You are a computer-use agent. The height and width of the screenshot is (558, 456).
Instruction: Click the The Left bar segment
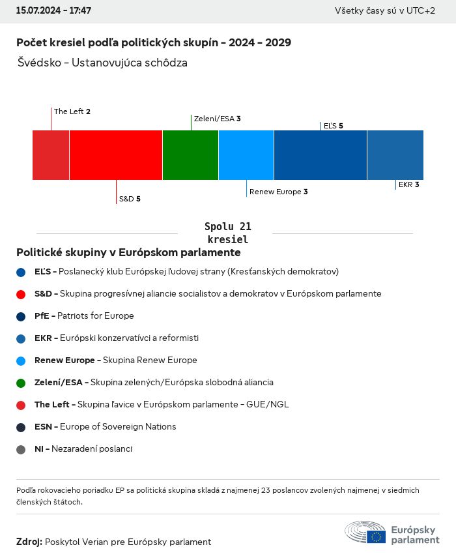point(51,155)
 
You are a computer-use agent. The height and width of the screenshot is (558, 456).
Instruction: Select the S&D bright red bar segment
point(116,155)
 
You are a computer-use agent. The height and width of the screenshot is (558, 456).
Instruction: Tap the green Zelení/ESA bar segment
point(190,155)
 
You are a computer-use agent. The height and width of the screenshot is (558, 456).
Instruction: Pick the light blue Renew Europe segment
point(246,155)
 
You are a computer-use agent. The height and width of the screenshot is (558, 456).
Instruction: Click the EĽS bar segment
point(321,155)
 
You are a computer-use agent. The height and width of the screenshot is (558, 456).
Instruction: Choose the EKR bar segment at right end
point(395,155)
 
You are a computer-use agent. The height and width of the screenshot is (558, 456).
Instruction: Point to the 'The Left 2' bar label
point(72,111)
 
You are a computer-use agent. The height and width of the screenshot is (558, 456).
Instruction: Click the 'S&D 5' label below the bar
point(130,199)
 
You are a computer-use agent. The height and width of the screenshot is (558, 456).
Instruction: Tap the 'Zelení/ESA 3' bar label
point(218,119)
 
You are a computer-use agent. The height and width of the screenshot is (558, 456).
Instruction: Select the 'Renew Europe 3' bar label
point(279,192)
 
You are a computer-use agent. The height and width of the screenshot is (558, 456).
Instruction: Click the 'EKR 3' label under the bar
point(408,184)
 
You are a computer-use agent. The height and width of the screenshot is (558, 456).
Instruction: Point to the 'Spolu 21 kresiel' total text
point(228,233)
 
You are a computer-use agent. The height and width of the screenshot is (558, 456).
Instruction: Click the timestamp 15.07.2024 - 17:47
point(54,11)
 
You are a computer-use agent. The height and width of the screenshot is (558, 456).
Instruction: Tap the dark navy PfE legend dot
point(21,316)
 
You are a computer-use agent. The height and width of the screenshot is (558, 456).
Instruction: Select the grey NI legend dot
point(21,449)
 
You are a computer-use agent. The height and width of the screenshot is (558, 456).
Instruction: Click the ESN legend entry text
point(105,427)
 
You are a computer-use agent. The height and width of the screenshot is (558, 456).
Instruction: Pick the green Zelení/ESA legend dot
point(21,383)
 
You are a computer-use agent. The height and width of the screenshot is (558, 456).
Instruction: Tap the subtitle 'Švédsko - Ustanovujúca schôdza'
point(103,63)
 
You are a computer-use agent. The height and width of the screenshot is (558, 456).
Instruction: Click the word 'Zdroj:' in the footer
point(29,542)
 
